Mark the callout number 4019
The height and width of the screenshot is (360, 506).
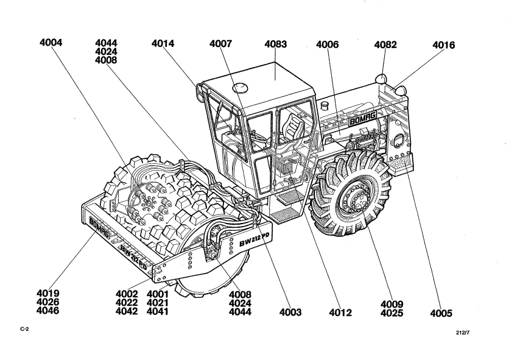(x=50, y=294)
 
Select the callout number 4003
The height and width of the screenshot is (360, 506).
(x=290, y=313)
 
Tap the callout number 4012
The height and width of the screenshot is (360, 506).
(x=340, y=313)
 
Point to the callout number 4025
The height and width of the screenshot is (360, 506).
(x=393, y=312)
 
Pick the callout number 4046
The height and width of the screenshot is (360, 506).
(x=50, y=311)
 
